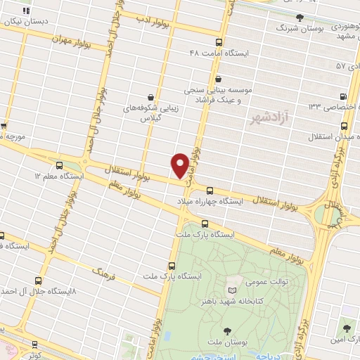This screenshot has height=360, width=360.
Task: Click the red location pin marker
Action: coord(181,165)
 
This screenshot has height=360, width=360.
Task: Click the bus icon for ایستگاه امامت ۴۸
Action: coord(219,42)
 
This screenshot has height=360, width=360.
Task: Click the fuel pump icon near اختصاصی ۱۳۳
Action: coord(342,96)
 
